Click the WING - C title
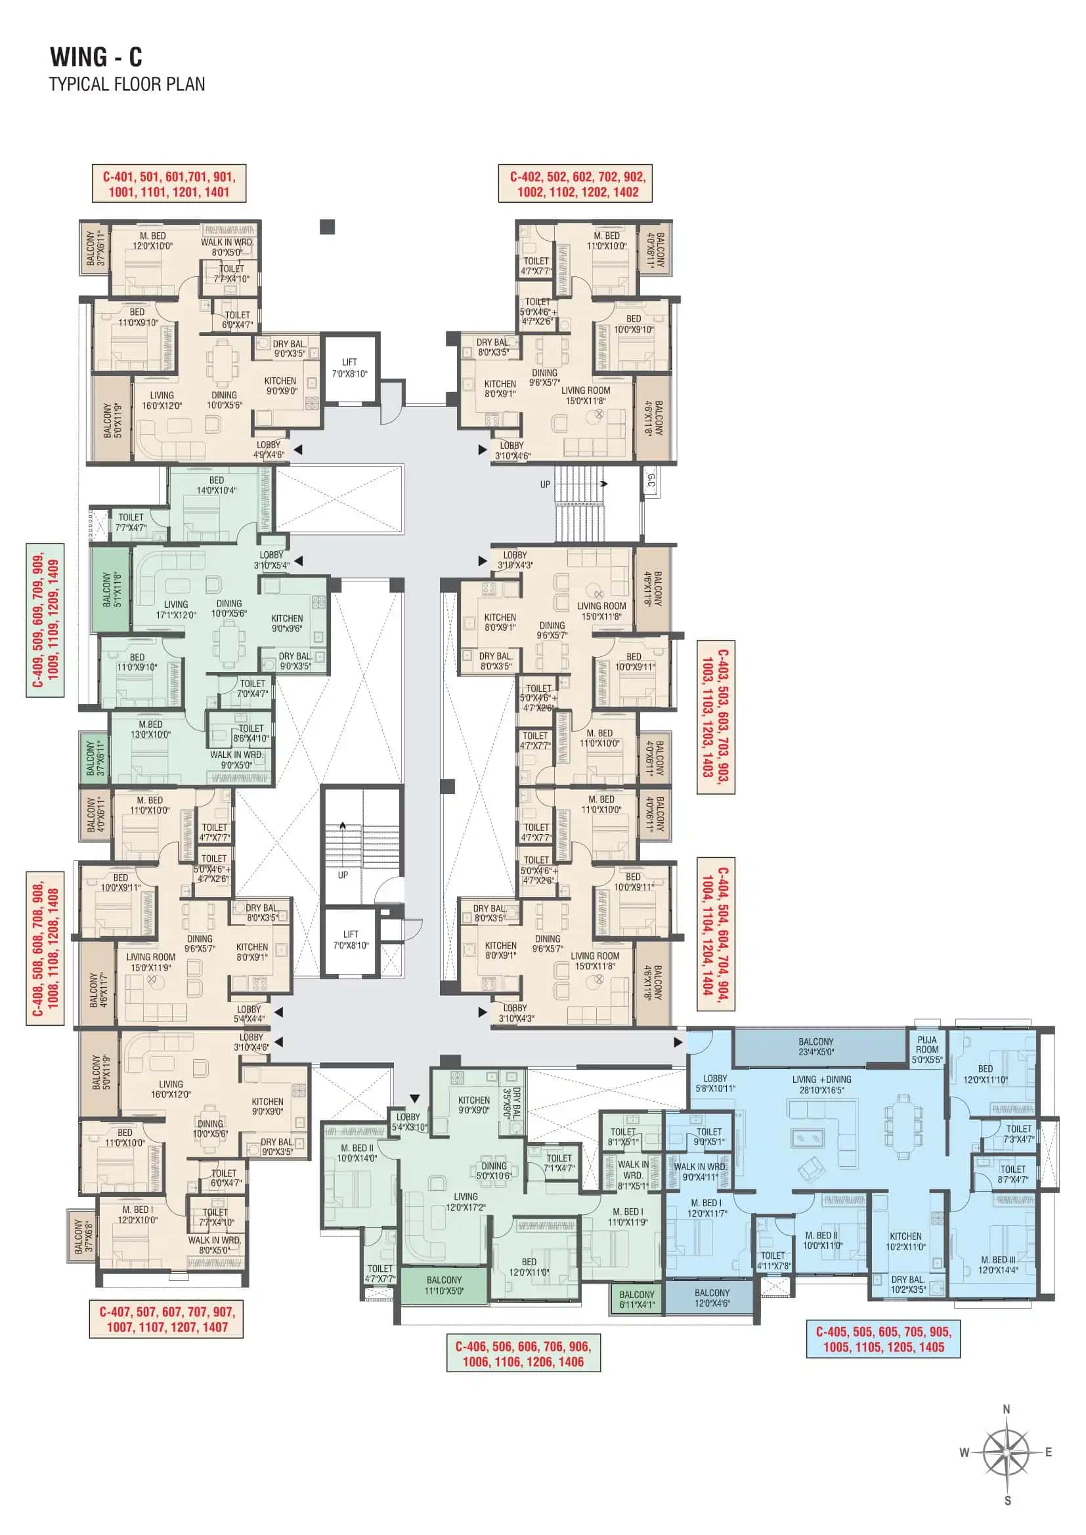pos(96,57)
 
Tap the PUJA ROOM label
pos(927,1049)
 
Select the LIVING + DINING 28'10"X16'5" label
pos(821,1083)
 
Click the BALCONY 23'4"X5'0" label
pos(815,1046)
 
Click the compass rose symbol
pos(1006,1452)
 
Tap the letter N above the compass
pos(1007,1408)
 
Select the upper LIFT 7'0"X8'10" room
pos(350,368)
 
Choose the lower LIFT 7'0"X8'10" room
pos(351,939)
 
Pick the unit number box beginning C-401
pos(169,184)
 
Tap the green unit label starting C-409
pos(45,620)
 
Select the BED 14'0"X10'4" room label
pos(216,485)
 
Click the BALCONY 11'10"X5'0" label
pos(443,1284)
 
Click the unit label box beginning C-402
pos(575,184)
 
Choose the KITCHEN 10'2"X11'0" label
pos(905,1241)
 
